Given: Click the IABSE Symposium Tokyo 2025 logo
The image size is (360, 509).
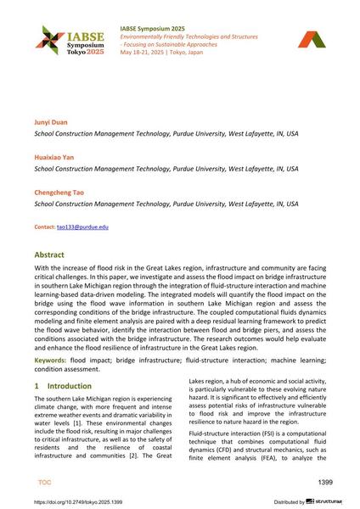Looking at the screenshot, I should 63,40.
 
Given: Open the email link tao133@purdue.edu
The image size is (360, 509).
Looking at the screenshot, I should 82,227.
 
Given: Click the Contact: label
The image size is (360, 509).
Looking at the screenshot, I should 44,227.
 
